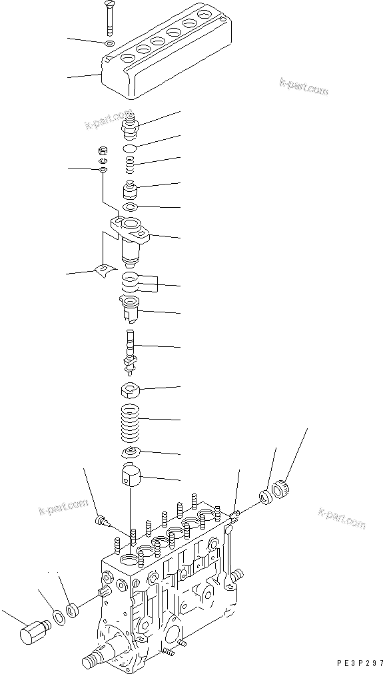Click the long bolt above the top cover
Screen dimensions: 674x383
point(109,19)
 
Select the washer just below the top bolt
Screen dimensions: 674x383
point(110,45)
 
